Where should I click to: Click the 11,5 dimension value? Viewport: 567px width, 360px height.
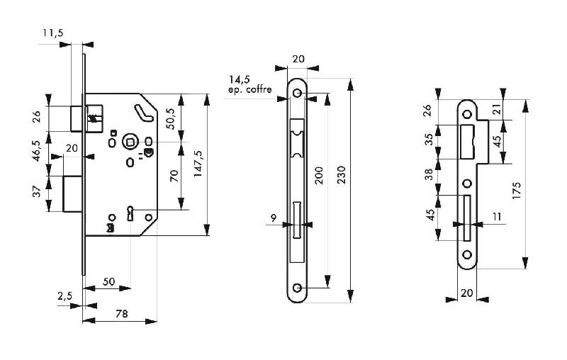(52, 33)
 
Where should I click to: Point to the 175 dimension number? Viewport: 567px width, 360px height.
(517, 191)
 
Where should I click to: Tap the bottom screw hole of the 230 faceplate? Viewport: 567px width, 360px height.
(297, 288)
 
